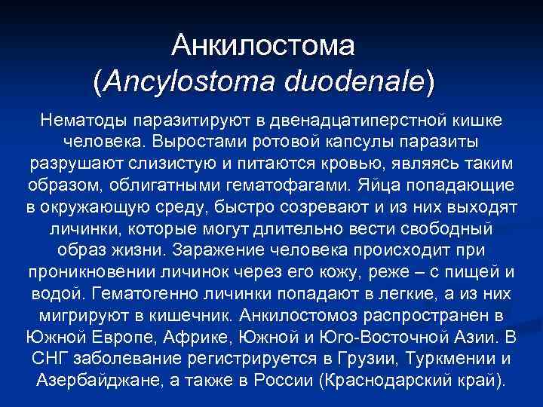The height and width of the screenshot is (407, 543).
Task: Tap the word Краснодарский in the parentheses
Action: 388,378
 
